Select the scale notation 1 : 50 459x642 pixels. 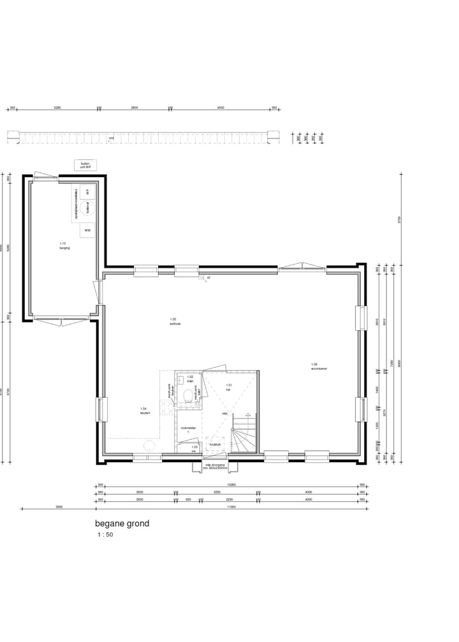click(x=105, y=536)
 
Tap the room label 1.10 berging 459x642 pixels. click(x=64, y=245)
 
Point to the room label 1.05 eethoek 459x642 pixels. click(x=175, y=321)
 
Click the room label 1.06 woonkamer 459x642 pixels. click(x=319, y=367)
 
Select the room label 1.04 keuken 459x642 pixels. click(x=143, y=410)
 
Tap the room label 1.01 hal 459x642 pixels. click(x=229, y=386)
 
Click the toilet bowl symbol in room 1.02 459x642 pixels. click(x=187, y=395)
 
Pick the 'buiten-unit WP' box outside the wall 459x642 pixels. click(x=85, y=165)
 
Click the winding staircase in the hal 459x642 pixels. click(x=244, y=434)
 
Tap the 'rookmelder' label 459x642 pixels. click(x=188, y=428)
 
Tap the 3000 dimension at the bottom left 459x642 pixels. click(x=59, y=507)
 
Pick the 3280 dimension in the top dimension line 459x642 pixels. click(x=57, y=108)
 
